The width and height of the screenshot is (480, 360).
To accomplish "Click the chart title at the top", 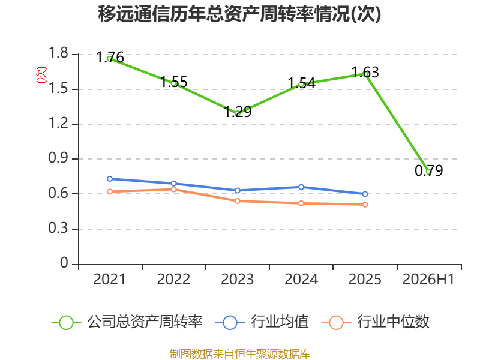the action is (239, 14).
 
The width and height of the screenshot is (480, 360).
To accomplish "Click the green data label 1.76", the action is (110, 57).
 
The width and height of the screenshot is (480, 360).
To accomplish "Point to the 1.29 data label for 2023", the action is (238, 112).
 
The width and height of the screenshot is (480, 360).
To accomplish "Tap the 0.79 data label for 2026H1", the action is (428, 170).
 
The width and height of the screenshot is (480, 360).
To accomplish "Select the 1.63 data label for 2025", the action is (365, 73).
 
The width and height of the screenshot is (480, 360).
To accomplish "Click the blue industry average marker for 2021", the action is (110, 179).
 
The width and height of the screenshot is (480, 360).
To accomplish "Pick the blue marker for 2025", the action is (365, 194).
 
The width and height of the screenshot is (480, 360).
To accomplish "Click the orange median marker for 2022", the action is (173, 190).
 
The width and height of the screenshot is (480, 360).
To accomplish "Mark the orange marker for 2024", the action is (301, 203).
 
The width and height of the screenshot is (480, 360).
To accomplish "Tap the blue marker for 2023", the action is (237, 190).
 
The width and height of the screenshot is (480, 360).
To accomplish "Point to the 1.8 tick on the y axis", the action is (58, 53).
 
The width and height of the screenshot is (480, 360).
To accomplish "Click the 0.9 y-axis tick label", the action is (58, 158).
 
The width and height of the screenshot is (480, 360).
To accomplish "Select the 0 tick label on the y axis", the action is (64, 263).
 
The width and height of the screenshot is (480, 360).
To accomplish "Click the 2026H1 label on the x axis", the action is (428, 279).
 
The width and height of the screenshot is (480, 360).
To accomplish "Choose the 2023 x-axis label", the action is (237, 279).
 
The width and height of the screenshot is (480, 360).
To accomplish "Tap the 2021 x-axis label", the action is (110, 279).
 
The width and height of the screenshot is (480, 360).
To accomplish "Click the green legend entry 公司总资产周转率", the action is (127, 322).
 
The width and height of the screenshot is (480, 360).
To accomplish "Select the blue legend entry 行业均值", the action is (262, 322).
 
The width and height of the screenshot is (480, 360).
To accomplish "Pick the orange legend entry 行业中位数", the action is (376, 322).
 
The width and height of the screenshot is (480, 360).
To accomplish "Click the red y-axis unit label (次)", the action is (41, 74).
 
